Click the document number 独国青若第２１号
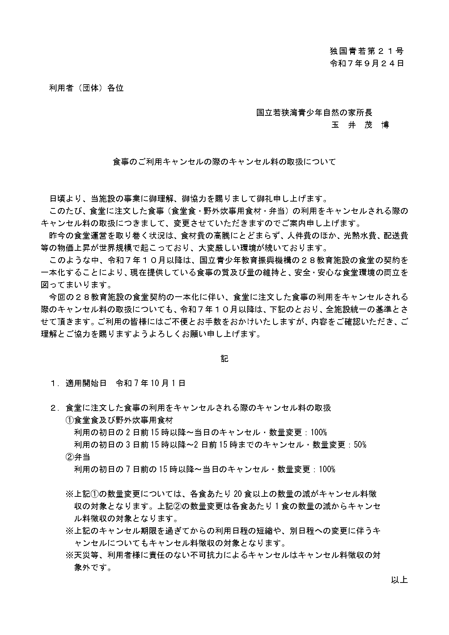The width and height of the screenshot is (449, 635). click(367, 51)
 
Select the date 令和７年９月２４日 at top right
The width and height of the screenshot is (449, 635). click(367, 64)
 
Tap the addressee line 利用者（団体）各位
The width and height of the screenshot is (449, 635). click(86, 88)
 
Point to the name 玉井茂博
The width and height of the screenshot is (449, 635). click(360, 125)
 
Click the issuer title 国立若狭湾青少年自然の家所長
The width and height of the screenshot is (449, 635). click(314, 113)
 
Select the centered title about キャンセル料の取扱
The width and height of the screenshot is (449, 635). click(224, 162)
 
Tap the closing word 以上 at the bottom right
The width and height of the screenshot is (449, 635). click(399, 580)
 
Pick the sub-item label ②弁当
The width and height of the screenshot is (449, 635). click(78, 457)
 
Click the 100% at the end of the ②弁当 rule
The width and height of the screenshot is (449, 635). click(327, 469)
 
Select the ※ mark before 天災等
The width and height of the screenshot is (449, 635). click(69, 555)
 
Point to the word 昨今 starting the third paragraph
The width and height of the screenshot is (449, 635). click(57, 236)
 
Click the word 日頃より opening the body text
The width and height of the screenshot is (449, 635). click(65, 199)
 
